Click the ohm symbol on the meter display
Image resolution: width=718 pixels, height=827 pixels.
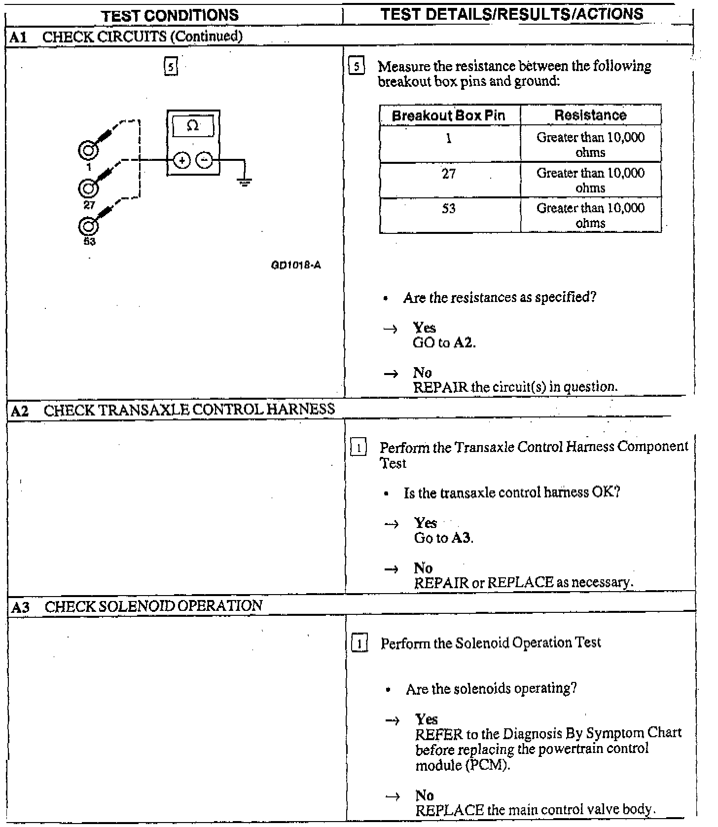click(x=193, y=126)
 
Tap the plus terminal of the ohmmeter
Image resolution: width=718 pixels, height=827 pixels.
click(x=182, y=160)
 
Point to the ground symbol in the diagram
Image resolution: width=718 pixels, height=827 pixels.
click(x=244, y=183)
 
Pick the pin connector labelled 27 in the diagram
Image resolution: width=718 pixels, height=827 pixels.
click(x=88, y=188)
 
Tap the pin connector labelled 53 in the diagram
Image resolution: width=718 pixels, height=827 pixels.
click(x=88, y=226)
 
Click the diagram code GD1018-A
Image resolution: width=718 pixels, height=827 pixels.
click(x=296, y=265)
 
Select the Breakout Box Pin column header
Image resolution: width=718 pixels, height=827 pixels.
click(x=448, y=115)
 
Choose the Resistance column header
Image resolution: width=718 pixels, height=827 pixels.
click(x=590, y=115)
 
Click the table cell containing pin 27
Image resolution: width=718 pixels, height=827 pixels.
click(x=449, y=174)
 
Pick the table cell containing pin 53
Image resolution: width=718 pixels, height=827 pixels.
click(x=449, y=209)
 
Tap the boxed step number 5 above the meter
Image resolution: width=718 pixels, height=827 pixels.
click(x=170, y=66)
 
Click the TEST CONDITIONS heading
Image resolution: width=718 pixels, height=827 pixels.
click(x=170, y=15)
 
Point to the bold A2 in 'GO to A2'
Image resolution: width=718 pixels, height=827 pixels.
click(x=463, y=342)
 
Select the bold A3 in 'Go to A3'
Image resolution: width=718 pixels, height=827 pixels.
click(x=462, y=538)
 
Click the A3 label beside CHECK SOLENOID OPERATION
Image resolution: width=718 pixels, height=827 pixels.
click(x=20, y=606)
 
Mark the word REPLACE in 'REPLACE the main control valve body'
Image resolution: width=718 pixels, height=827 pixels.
click(x=449, y=810)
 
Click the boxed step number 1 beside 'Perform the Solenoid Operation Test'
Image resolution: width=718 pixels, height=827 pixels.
click(x=360, y=644)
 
